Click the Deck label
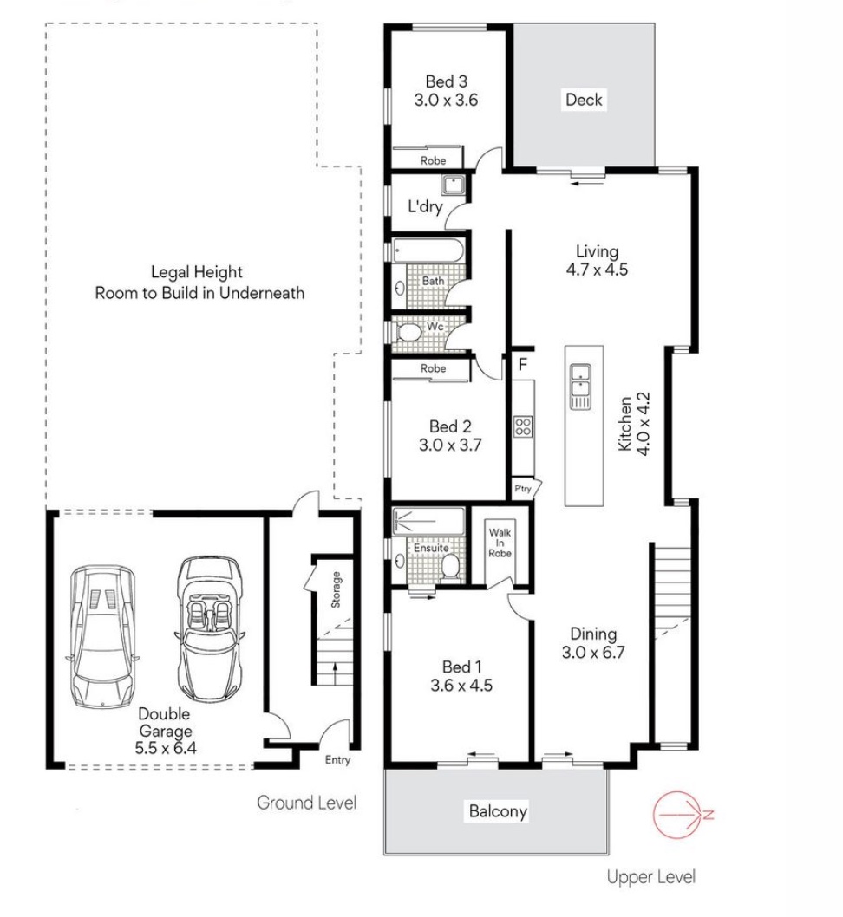[x=584, y=100]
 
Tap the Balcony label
[x=498, y=811]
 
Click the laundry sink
[x=453, y=185]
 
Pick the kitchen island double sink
[x=580, y=387]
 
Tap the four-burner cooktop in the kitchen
[x=523, y=426]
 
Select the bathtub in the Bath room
[x=428, y=250]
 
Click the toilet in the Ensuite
[x=449, y=566]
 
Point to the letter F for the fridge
[x=523, y=364]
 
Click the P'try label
[x=523, y=488]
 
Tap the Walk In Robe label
[x=500, y=543]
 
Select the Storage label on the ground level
[x=336, y=589]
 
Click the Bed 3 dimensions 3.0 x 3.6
[x=447, y=100]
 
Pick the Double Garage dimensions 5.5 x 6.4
[x=166, y=747]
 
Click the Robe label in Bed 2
[x=433, y=368]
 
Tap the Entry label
[x=337, y=759]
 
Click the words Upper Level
[x=651, y=876]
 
